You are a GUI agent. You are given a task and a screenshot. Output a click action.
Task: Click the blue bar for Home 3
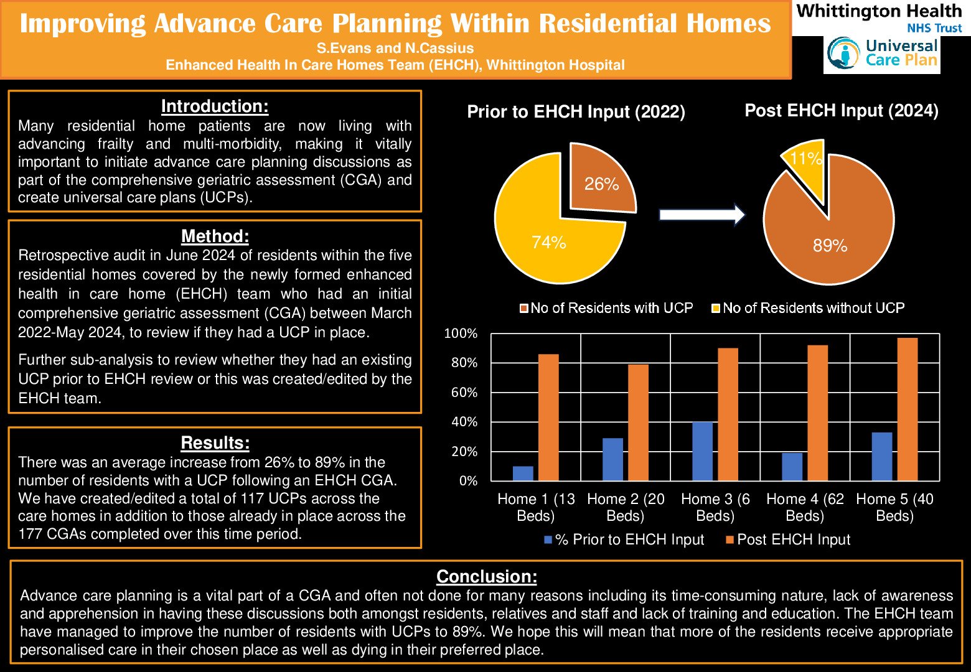[703, 451]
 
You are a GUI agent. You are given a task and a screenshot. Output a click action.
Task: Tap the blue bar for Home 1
[523, 474]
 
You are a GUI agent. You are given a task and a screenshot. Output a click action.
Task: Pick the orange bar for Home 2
[638, 422]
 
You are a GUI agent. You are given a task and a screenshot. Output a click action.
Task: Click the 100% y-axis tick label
[461, 334]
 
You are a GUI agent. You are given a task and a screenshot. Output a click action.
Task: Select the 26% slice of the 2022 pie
[601, 180]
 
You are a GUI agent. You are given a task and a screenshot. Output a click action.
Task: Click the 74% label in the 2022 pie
[549, 242]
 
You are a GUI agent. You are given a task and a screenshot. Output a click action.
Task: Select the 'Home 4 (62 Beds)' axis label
[805, 507]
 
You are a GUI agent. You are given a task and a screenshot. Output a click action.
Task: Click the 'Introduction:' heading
[215, 106]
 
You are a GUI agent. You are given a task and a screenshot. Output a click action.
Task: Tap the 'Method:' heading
[215, 236]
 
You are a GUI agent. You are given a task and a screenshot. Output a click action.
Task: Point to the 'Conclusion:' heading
[487, 576]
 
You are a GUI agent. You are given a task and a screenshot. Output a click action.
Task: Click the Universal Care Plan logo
[882, 54]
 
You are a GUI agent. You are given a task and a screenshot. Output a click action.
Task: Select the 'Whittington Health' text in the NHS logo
[879, 11]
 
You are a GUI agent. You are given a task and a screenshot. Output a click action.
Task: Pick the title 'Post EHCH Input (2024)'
[842, 111]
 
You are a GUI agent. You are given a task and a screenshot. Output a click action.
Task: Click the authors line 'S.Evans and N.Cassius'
[395, 48]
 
